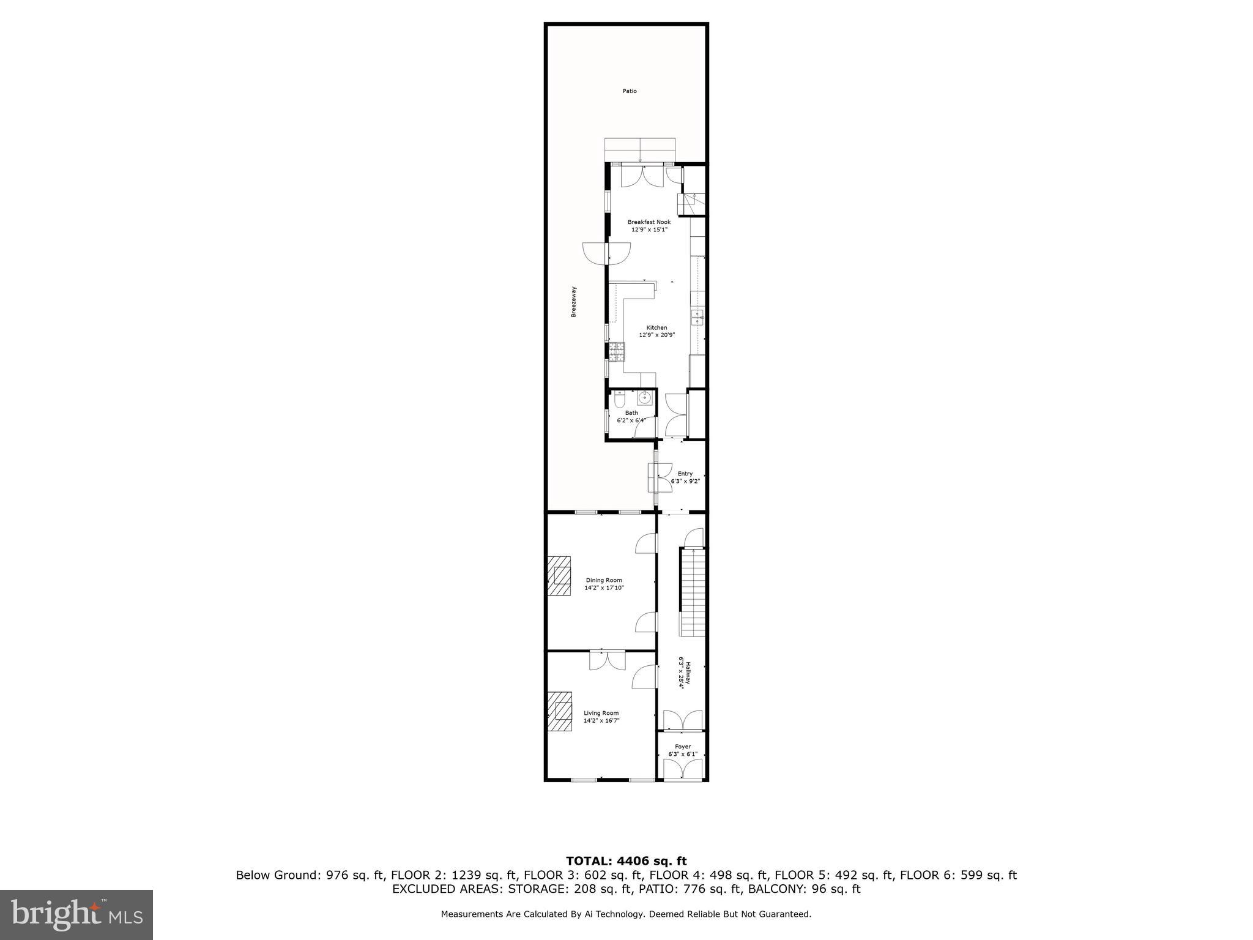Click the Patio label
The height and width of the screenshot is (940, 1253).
pos(630,91)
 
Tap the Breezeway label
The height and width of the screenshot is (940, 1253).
pos(574,302)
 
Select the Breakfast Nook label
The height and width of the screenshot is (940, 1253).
pos(649,222)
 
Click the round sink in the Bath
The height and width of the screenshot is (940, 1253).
pos(644,398)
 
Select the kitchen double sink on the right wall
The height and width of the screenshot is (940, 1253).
pos(697,318)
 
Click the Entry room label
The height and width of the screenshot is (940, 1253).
pos(685,474)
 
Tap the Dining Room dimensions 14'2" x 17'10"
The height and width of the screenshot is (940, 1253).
pos(603,588)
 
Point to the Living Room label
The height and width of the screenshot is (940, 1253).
pos(601,713)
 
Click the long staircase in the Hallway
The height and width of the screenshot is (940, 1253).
pos(693,592)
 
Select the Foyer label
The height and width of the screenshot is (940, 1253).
pos(683,747)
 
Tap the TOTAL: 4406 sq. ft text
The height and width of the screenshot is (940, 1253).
pos(626,862)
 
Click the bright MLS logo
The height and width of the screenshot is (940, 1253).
pos(76,914)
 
